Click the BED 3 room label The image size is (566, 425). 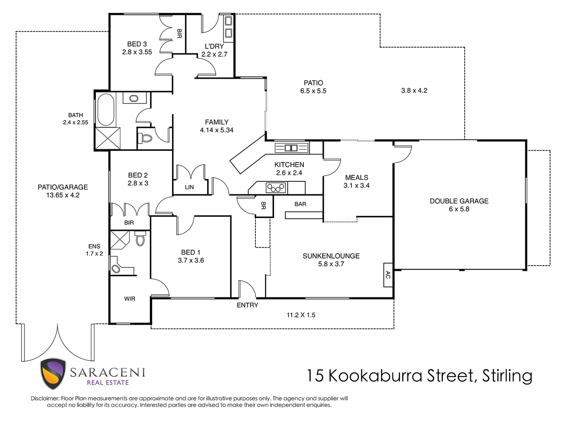[x=137, y=44]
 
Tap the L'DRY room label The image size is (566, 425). [x=214, y=46]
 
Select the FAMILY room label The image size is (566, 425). [x=217, y=122]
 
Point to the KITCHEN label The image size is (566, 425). [x=289, y=165]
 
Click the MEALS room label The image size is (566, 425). [x=357, y=177]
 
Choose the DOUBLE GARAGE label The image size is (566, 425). [x=459, y=201]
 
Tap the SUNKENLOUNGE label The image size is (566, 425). [x=331, y=256]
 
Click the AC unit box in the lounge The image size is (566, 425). [x=388, y=275]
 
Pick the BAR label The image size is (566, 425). [x=300, y=204]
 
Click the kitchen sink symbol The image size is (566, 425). [x=291, y=148]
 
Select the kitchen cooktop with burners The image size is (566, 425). [x=276, y=188]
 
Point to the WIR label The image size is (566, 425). [x=130, y=299]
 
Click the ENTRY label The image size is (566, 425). [x=247, y=305]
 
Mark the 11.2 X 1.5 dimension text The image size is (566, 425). [x=301, y=315]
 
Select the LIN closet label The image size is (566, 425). [x=189, y=187]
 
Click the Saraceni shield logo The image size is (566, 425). [x=53, y=374]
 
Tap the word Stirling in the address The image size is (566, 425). [x=507, y=376]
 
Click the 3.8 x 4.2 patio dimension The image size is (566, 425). [x=414, y=91]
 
